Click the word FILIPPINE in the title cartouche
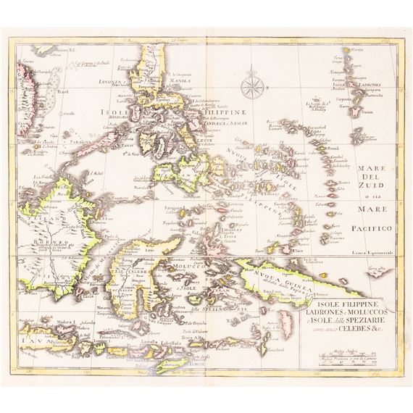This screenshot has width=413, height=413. click(x=355, y=295)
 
